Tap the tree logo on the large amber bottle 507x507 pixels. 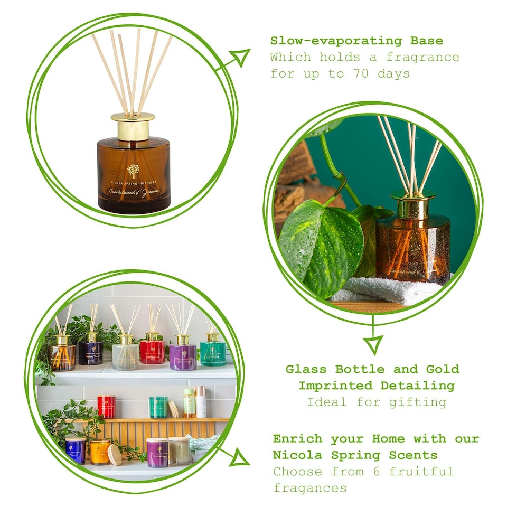tap(133, 171)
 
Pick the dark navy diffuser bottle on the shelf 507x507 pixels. tap(90, 351)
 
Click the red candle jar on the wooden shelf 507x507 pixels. tap(106, 406)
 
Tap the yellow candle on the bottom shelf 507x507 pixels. tap(100, 452)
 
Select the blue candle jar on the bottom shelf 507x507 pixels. tap(76, 450)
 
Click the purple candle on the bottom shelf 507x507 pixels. tap(157, 453)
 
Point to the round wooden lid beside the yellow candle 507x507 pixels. tap(115, 455)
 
